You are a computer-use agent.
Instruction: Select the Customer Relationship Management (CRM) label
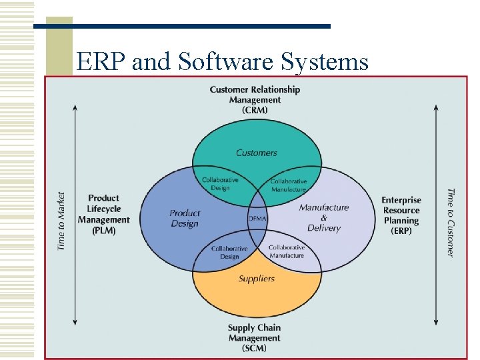click(255, 99)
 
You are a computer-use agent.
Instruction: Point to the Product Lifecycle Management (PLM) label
click(103, 214)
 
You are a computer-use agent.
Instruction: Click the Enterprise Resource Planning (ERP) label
click(401, 215)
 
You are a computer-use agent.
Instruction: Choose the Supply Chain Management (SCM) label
click(255, 337)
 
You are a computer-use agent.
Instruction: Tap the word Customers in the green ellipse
click(256, 153)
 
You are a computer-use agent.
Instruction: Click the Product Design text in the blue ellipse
click(185, 218)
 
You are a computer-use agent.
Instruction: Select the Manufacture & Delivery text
click(324, 217)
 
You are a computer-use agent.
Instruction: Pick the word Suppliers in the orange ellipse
click(257, 279)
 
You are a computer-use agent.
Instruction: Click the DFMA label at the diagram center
click(257, 219)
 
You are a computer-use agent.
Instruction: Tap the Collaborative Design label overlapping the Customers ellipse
click(220, 184)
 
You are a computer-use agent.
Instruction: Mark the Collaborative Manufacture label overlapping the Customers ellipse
click(289, 185)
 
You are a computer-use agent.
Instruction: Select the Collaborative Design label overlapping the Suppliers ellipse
click(229, 252)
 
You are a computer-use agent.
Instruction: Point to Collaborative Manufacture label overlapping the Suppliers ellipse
click(287, 251)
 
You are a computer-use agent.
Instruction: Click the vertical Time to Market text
click(61, 221)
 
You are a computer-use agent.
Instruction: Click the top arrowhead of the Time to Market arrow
click(75, 106)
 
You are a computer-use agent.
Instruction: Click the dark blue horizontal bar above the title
click(182, 27)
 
